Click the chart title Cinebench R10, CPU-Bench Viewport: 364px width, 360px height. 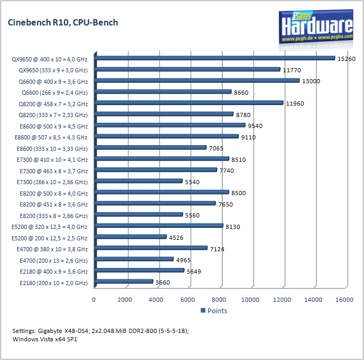62,22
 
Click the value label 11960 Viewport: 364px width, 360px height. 295,104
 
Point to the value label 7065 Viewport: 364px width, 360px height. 216,148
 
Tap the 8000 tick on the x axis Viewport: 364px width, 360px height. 219,300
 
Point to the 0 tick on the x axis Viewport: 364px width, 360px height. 94,300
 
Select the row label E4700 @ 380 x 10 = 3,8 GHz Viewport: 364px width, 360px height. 54,249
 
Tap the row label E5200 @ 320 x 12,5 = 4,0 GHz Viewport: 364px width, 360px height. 49,227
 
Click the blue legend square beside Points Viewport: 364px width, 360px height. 203,311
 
